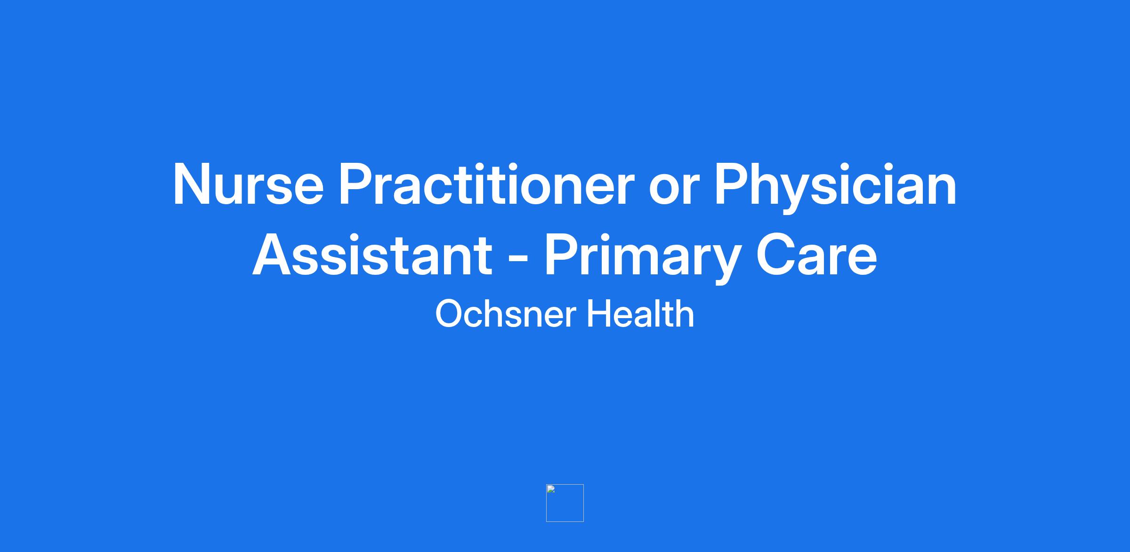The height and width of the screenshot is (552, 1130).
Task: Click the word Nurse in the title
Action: click(x=249, y=184)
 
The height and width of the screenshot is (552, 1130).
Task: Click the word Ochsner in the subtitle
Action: click(x=505, y=314)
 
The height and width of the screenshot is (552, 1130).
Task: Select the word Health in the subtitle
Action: click(x=640, y=314)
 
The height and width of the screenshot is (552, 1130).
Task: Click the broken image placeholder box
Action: click(x=565, y=503)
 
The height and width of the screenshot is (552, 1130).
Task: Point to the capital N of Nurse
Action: click(x=193, y=184)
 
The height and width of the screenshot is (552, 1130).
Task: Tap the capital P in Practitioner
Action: click(x=357, y=184)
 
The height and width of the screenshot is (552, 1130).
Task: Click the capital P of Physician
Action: click(x=733, y=184)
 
